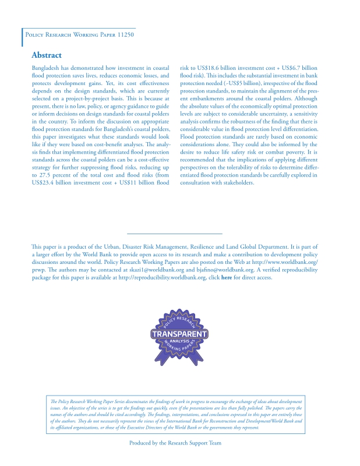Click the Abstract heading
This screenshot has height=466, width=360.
pos(47,55)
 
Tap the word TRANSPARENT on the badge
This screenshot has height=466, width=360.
pos(179,334)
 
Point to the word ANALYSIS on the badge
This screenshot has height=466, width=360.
pos(179,341)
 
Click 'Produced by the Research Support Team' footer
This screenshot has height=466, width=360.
pos(175,443)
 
